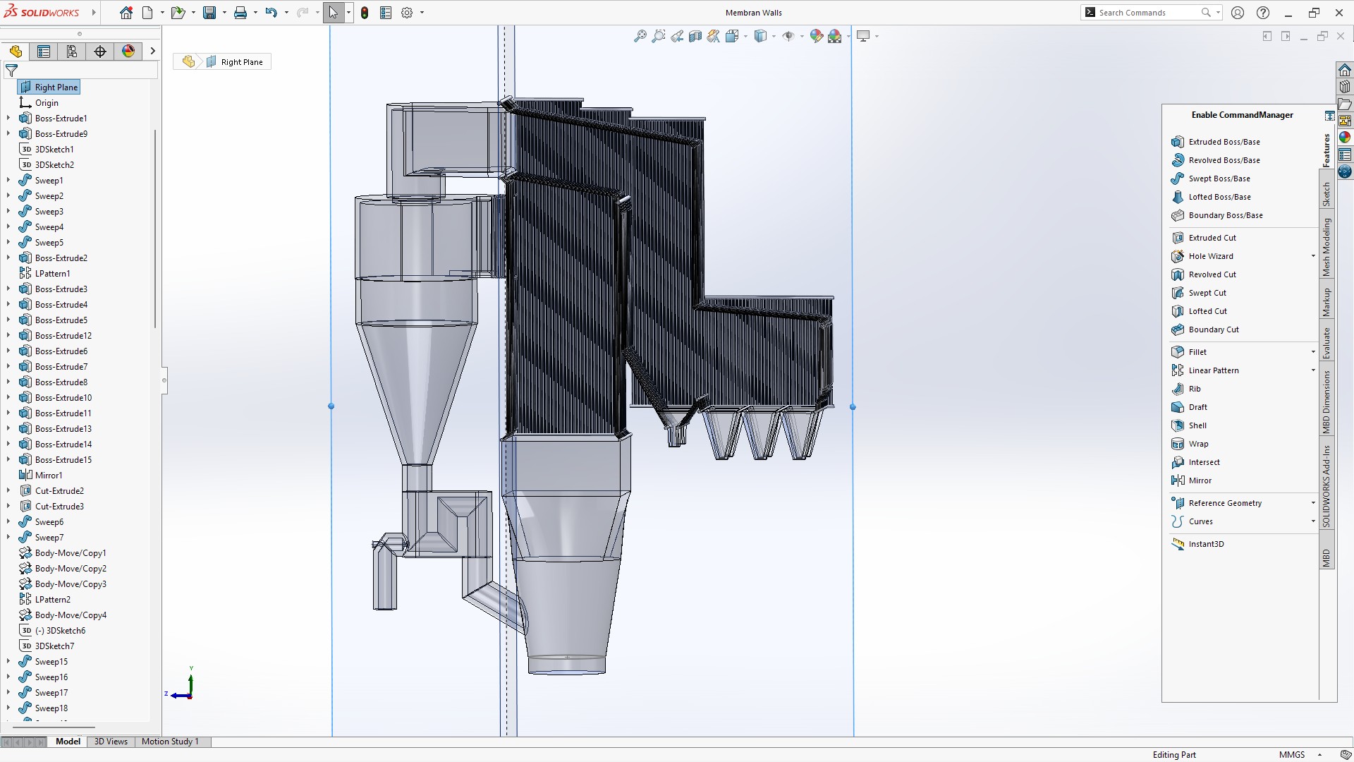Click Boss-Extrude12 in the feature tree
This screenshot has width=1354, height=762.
(x=63, y=336)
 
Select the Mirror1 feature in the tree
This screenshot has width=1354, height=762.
(x=49, y=476)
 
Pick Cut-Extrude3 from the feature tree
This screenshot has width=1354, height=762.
(x=59, y=507)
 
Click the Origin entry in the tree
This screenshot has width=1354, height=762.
(x=47, y=103)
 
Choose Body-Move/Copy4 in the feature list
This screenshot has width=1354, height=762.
(x=71, y=615)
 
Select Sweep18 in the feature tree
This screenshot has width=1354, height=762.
(x=51, y=708)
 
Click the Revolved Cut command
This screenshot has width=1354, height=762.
(x=1212, y=274)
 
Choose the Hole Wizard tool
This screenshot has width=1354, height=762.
(x=1210, y=256)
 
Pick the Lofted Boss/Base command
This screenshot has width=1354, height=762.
(x=1219, y=197)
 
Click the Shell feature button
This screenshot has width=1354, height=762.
(x=1197, y=425)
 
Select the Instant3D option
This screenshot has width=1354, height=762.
(x=1206, y=544)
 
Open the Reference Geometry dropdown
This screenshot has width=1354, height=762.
(x=1313, y=503)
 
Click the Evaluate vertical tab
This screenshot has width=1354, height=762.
(x=1326, y=344)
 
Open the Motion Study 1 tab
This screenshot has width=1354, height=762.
(x=170, y=742)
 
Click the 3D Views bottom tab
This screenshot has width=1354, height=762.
(x=111, y=742)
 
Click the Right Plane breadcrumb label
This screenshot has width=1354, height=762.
(x=241, y=62)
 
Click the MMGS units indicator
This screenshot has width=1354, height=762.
(x=1291, y=755)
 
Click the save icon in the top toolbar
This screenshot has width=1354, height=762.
(x=209, y=13)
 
